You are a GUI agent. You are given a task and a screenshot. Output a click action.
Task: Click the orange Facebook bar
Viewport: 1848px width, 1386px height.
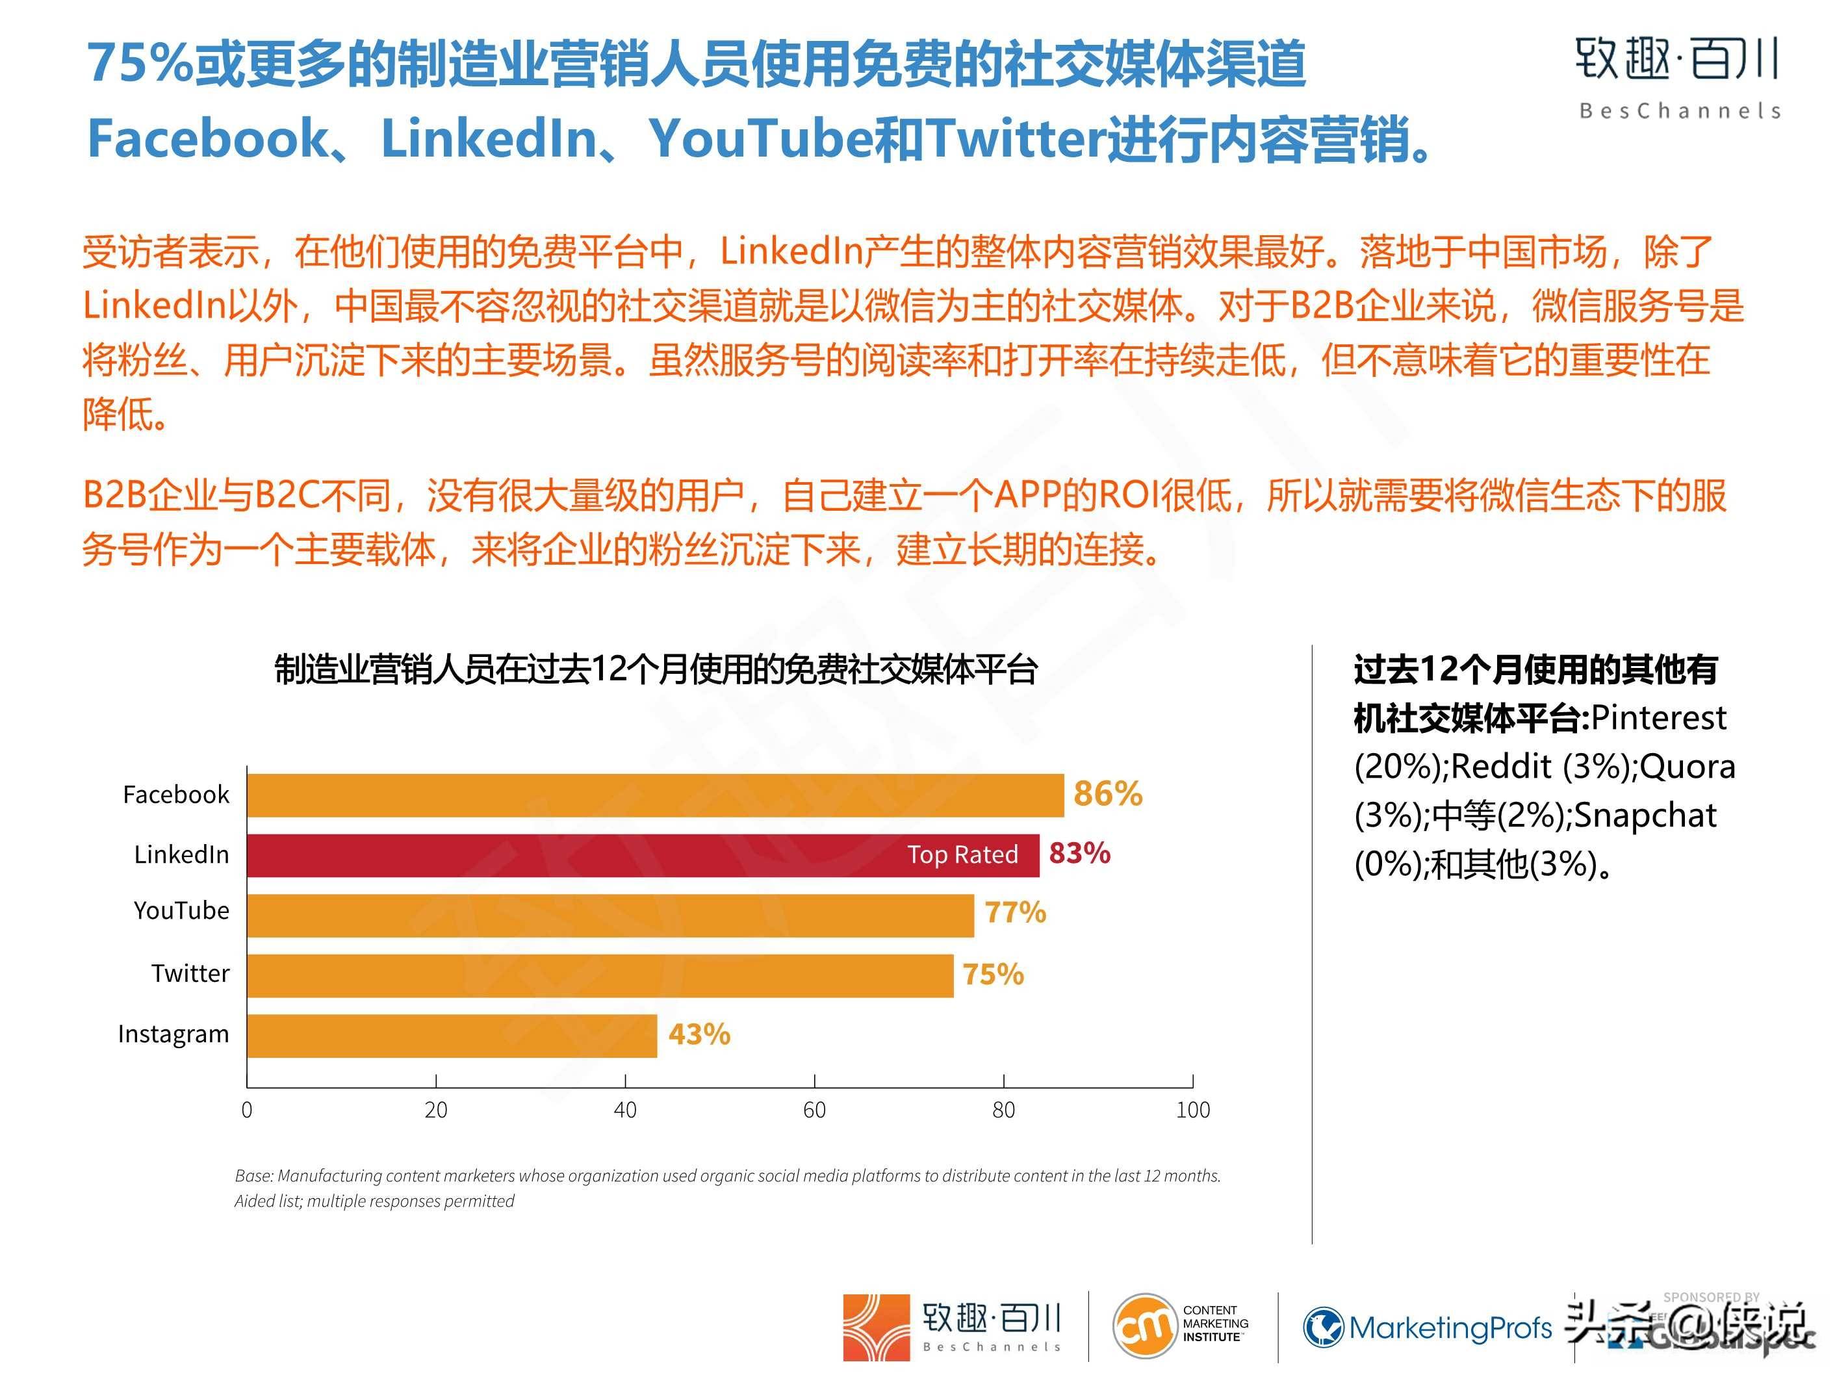click(x=655, y=795)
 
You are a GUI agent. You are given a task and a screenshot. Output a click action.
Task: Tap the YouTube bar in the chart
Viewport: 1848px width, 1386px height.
click(x=610, y=915)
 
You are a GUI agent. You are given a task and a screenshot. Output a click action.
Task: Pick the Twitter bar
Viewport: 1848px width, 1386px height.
click(x=600, y=975)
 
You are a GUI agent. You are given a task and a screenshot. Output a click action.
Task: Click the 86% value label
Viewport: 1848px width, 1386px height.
click(x=1108, y=793)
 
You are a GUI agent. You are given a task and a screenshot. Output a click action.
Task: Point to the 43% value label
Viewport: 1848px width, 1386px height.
click(x=699, y=1034)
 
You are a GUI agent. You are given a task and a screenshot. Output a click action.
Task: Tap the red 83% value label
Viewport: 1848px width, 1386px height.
click(x=1079, y=853)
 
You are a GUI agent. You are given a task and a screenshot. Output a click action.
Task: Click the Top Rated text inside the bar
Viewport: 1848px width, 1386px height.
click(x=962, y=854)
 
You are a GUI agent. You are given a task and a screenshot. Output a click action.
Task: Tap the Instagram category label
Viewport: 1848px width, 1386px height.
click(x=173, y=1034)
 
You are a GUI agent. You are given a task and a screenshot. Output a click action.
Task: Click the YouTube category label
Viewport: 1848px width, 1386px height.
click(x=181, y=910)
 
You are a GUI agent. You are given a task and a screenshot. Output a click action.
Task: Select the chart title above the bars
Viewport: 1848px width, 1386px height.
click(x=656, y=670)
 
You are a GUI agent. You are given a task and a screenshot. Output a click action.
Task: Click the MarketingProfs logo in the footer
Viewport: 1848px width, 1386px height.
click(x=1427, y=1327)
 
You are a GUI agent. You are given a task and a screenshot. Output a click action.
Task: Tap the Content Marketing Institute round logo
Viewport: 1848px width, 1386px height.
click(x=1143, y=1325)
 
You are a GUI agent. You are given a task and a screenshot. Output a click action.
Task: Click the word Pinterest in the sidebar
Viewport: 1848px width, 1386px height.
click(x=1658, y=717)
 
